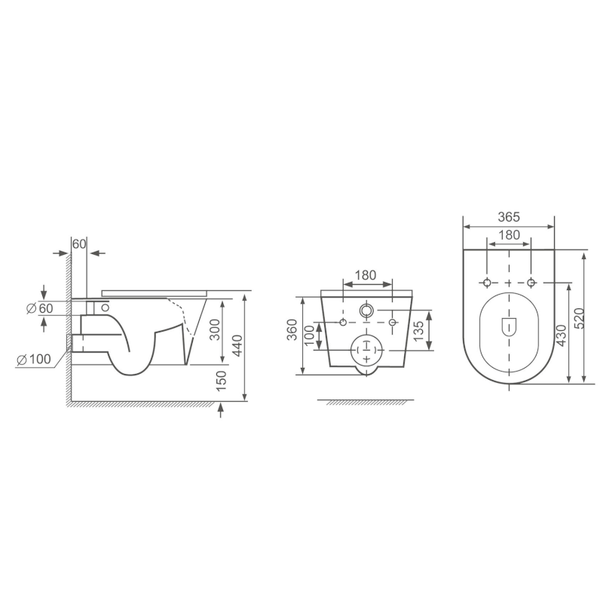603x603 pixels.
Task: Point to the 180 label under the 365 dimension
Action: pyautogui.click(x=510, y=235)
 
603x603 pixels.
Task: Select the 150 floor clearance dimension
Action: pyautogui.click(x=221, y=381)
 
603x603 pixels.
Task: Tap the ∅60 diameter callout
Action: pyautogui.click(x=39, y=309)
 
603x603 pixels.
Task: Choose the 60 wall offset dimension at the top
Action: pyautogui.click(x=79, y=243)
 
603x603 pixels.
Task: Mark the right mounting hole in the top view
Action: pyautogui.click(x=531, y=283)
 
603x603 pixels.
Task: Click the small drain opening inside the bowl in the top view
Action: pyautogui.click(x=509, y=326)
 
